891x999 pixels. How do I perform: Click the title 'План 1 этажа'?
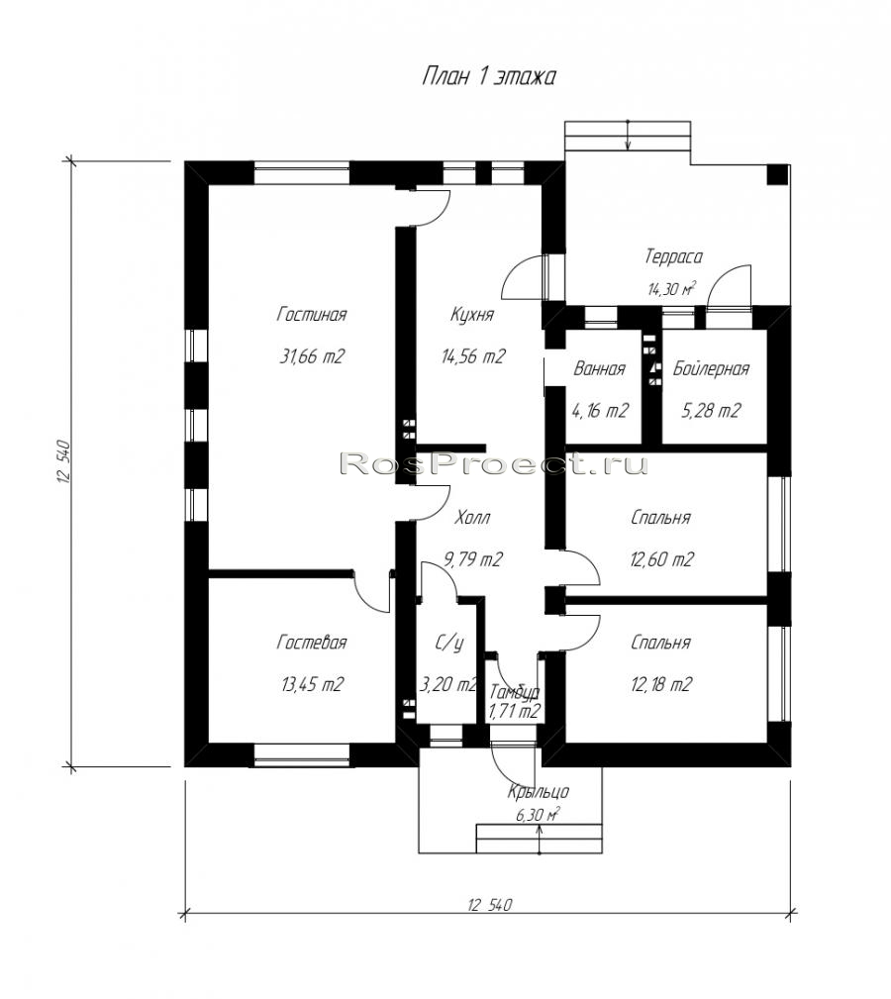click(x=489, y=76)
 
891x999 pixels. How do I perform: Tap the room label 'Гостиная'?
click(x=312, y=315)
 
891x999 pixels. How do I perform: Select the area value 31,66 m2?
click(x=312, y=356)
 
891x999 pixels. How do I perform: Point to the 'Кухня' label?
click(x=472, y=315)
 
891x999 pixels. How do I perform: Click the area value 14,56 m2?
click(x=473, y=356)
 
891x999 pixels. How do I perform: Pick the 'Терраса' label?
click(x=673, y=256)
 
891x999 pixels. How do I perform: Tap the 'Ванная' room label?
click(x=599, y=369)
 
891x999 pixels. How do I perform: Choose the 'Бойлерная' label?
click(x=711, y=369)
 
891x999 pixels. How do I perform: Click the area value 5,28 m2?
click(x=711, y=411)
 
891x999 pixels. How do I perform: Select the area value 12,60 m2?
click(x=661, y=559)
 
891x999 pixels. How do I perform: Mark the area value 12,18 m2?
click(x=661, y=684)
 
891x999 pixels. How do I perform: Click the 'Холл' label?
click(x=472, y=518)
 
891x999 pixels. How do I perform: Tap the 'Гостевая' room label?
click(x=312, y=643)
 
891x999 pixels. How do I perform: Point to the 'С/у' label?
click(x=449, y=644)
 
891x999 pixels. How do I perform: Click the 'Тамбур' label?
click(x=515, y=692)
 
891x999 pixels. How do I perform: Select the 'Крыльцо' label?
click(x=539, y=792)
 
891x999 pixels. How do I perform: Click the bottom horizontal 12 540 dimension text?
click(x=490, y=905)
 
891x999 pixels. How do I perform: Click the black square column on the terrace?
click(x=777, y=174)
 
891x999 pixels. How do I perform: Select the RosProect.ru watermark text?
click(x=494, y=464)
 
